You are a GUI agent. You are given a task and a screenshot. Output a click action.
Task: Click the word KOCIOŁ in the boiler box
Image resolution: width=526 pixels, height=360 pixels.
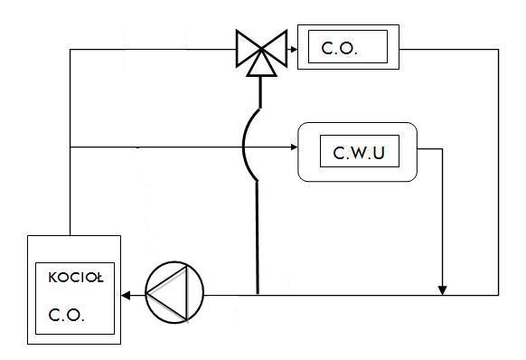pos(76,278)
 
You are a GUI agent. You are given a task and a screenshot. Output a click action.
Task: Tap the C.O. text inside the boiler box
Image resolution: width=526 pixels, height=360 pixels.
pos(66,315)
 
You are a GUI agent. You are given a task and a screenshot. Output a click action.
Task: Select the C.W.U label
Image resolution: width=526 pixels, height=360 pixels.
pos(359,153)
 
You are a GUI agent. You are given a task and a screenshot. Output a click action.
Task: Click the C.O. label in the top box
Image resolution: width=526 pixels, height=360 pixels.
pos(340,48)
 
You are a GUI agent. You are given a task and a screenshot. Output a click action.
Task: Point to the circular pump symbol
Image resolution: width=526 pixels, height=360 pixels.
pos(174,292)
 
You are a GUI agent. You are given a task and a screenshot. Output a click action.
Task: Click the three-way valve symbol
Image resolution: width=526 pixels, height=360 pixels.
pos(262,52)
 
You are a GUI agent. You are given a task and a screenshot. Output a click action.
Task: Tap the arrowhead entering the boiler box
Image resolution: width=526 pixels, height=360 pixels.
pos(126,296)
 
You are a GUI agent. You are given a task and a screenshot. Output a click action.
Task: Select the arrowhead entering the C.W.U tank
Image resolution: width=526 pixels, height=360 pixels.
pos(294,147)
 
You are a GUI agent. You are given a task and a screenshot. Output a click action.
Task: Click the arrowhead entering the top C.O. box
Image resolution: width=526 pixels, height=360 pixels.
pos(294,50)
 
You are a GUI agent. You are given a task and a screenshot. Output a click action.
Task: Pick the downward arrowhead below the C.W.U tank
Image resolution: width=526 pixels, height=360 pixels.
pos(443,290)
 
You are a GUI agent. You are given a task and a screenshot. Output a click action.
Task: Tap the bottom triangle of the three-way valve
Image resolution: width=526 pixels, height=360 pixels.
pos(262,64)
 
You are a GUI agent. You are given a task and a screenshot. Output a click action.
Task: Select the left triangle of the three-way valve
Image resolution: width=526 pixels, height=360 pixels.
pos(249,49)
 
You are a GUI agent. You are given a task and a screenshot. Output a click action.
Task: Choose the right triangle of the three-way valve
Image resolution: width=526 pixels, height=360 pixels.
pos(275,49)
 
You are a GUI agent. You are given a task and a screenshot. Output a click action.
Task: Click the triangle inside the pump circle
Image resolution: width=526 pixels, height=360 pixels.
pos(168,292)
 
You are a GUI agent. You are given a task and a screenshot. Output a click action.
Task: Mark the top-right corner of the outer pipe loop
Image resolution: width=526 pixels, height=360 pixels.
pos(499,50)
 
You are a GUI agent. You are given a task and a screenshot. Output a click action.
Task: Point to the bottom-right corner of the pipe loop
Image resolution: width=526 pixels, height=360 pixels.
pos(499,295)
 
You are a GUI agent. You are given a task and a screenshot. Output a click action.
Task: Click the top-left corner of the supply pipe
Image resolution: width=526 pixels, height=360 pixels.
pos(70,50)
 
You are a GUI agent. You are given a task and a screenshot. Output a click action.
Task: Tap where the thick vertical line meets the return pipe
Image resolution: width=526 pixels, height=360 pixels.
pos(258,295)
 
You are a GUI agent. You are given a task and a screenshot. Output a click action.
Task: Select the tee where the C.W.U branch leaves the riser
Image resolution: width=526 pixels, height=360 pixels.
pos(70,147)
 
